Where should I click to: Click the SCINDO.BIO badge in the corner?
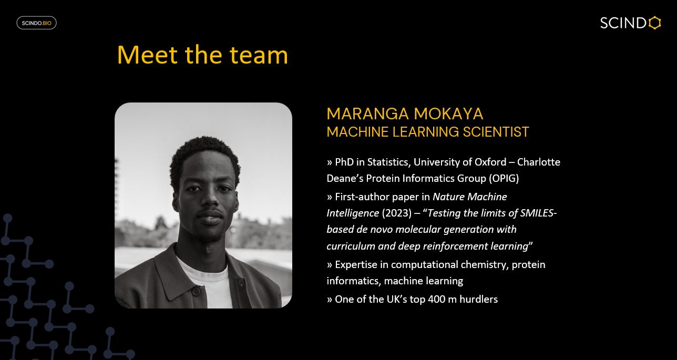[36, 23]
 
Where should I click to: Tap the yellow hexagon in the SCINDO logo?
[654, 23]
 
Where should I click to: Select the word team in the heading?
[259, 55]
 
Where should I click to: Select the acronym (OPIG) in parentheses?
[504, 178]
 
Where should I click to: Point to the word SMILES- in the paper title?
[538, 213]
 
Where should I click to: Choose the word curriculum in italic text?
[350, 246]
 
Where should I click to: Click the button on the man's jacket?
[196, 291]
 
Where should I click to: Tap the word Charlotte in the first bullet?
[539, 162]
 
